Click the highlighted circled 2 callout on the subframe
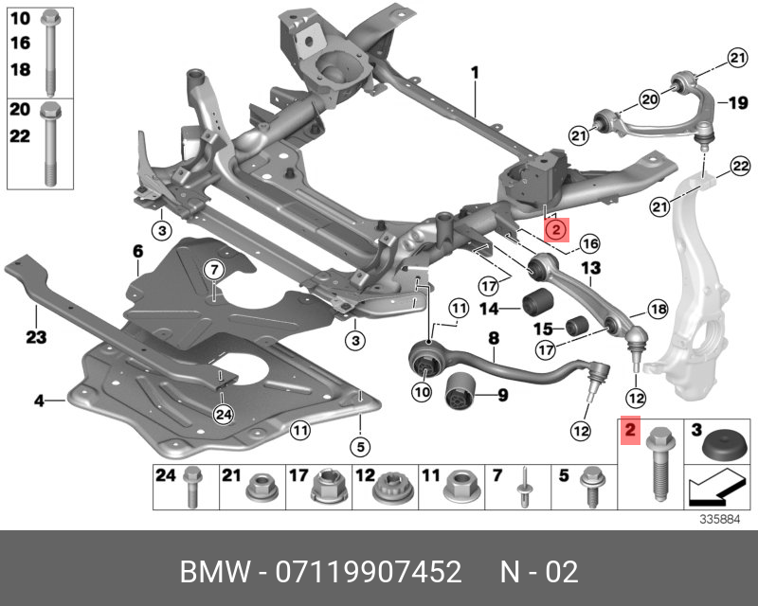[x=555, y=227]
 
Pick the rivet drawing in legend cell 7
[x=523, y=489]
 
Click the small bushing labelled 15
[x=578, y=327]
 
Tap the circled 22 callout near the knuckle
[x=739, y=168]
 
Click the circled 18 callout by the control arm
[x=656, y=308]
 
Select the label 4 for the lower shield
[x=40, y=401]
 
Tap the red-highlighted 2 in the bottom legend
[x=629, y=434]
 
